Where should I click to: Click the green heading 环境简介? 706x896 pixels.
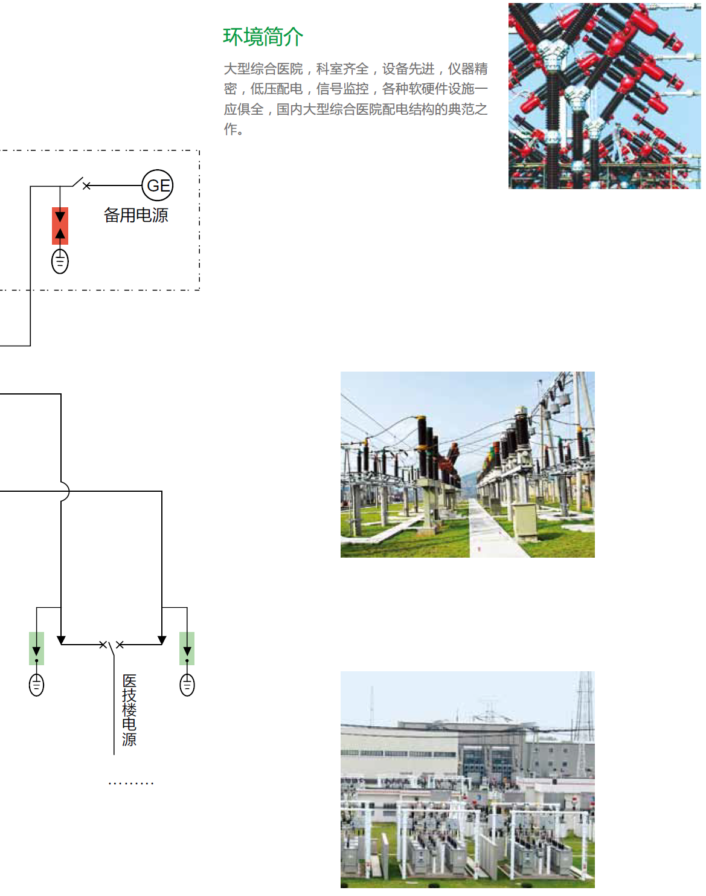pos(263,37)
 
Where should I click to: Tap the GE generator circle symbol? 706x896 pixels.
pos(158,185)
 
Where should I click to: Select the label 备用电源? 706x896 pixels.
pos(136,215)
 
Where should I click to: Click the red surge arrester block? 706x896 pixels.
pos(60,226)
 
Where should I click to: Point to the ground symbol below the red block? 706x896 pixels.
pos(60,262)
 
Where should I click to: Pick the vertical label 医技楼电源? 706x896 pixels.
pos(129,711)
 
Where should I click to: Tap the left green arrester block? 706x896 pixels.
pos(37,648)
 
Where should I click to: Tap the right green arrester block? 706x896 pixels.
pos(187,648)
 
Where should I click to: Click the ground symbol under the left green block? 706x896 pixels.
pos(37,685)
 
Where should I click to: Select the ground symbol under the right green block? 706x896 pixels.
pos(187,685)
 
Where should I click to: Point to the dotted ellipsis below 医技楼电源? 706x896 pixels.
pos(131,784)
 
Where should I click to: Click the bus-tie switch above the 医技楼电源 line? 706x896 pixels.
pos(112,645)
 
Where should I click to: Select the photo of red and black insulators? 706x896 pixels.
pos(605,96)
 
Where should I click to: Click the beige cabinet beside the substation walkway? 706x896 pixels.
pos(524,520)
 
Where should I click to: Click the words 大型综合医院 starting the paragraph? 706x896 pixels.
pos(263,69)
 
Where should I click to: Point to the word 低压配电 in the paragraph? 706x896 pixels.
pos(277,89)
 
